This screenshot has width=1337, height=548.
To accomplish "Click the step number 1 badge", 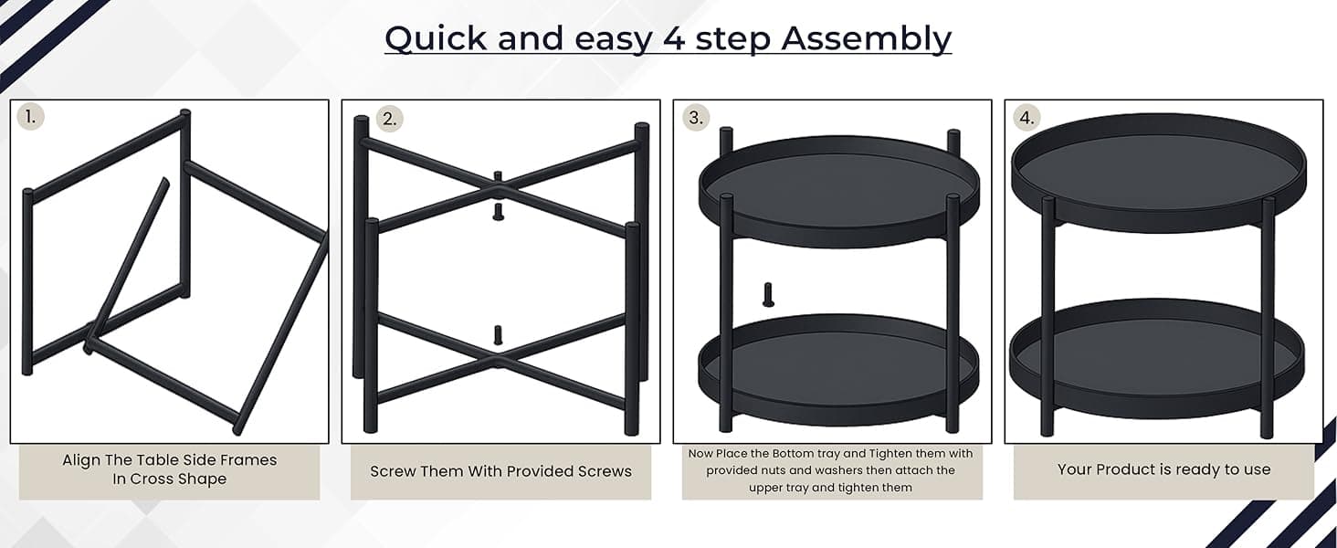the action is click(30, 116).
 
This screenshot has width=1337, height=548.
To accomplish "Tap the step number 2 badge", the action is click(389, 119).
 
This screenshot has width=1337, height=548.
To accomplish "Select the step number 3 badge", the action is click(696, 118).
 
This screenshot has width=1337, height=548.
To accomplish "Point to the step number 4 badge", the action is click(1026, 118).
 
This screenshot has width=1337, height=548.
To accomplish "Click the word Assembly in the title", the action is click(866, 38).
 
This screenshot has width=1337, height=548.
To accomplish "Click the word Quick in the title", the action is click(436, 38).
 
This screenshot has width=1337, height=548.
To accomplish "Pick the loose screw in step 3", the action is click(768, 294).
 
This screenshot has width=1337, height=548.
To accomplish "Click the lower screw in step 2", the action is click(498, 335).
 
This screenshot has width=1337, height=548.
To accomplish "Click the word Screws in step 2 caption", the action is click(605, 471).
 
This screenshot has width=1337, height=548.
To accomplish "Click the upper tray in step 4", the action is click(1159, 174).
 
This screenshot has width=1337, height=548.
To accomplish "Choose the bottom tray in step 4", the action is click(1157, 358).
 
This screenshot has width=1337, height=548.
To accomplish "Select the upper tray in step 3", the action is click(838, 191).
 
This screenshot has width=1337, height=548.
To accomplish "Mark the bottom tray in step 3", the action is click(838, 369).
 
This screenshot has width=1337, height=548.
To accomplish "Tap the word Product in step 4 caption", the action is click(1126, 469).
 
